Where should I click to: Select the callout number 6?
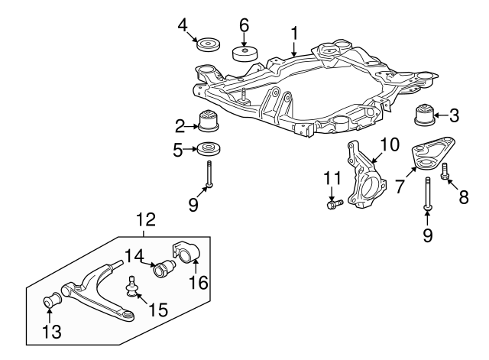pyautogui.click(x=244, y=24)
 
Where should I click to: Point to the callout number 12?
pyautogui.click(x=145, y=220)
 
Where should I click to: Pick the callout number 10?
pyautogui.click(x=390, y=143)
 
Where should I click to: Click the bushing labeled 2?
pyautogui.click(x=209, y=122)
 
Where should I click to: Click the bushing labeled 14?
pyautogui.click(x=165, y=270)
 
